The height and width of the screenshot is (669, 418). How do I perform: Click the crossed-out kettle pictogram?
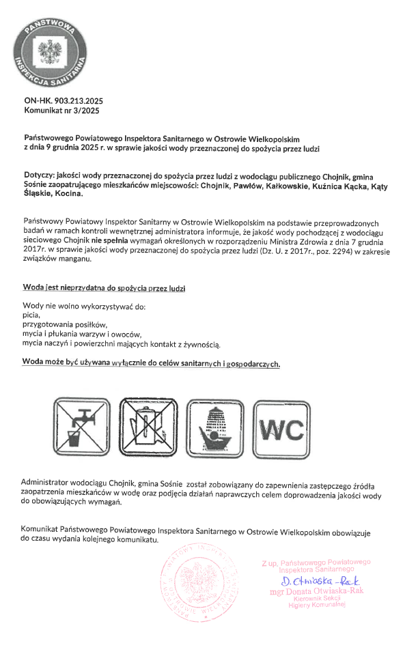(149, 425)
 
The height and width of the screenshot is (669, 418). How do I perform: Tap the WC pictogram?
(281, 425)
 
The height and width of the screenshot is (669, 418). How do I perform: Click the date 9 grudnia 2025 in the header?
(74, 147)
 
